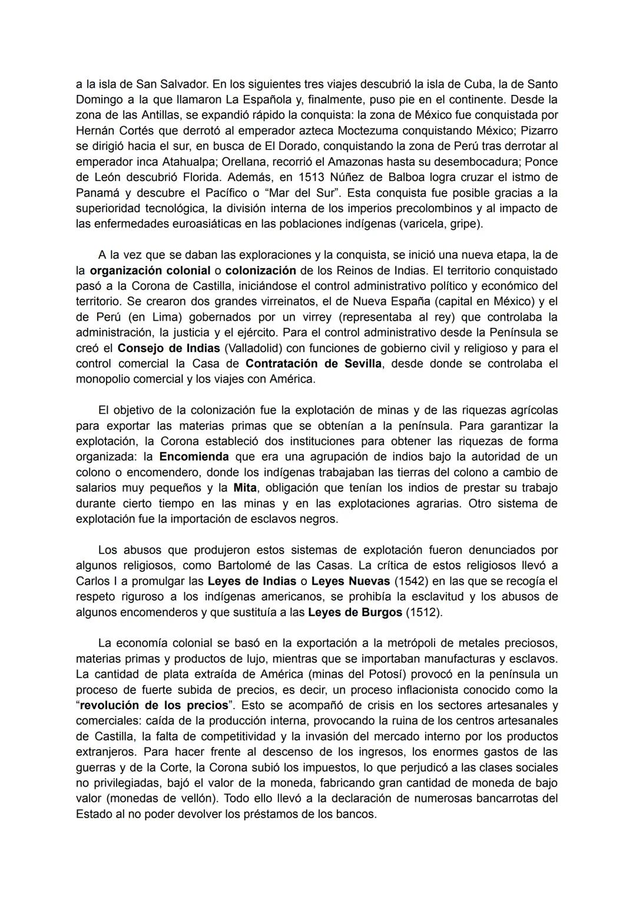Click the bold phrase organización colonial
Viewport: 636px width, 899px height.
[x=150, y=271]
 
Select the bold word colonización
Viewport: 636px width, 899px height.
[x=260, y=271]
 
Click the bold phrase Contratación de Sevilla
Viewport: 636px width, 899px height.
[x=313, y=363]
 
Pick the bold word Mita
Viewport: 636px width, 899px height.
[x=244, y=488]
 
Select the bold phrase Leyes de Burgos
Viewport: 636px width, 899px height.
[x=355, y=612]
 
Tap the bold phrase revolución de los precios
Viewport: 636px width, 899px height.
[x=154, y=705]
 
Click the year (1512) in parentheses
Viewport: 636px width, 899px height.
[x=424, y=612]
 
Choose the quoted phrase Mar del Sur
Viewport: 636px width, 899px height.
[x=301, y=193]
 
